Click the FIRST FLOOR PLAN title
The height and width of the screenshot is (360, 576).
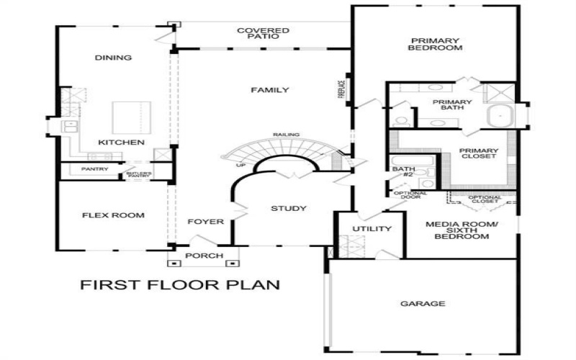pyautogui.click(x=179, y=284)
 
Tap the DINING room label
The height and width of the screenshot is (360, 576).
pyautogui.click(x=113, y=58)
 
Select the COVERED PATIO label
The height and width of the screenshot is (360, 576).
pyautogui.click(x=264, y=35)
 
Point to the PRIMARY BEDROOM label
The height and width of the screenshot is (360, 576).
pyautogui.click(x=435, y=44)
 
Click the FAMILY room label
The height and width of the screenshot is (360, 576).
pyautogui.click(x=270, y=90)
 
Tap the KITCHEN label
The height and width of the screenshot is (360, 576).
pyautogui.click(x=122, y=143)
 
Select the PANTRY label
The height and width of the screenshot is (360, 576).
pyautogui.click(x=95, y=170)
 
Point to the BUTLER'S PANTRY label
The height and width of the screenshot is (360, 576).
pyautogui.click(x=139, y=174)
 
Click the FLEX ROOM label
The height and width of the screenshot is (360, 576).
pyautogui.click(x=113, y=215)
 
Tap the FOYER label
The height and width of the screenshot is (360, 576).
pyautogui.click(x=205, y=222)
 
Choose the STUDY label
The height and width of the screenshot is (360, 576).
pyautogui.click(x=289, y=209)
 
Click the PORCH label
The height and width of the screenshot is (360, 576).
pyautogui.click(x=204, y=256)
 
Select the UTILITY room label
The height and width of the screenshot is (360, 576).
pyautogui.click(x=372, y=229)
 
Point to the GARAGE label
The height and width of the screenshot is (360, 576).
pyautogui.click(x=423, y=304)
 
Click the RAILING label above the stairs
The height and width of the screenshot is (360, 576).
pyautogui.click(x=287, y=135)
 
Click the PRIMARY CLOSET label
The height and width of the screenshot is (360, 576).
pyautogui.click(x=478, y=153)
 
